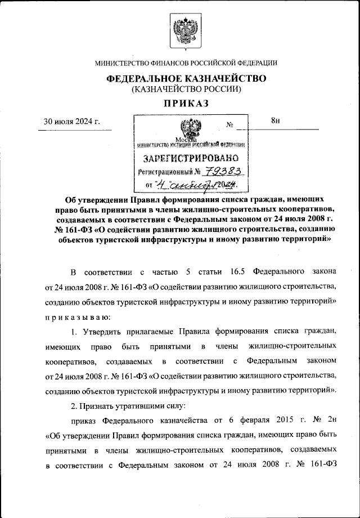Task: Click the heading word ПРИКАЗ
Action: coord(186,102)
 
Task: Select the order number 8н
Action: coord(275,120)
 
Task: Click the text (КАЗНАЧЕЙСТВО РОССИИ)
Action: coord(186,89)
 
